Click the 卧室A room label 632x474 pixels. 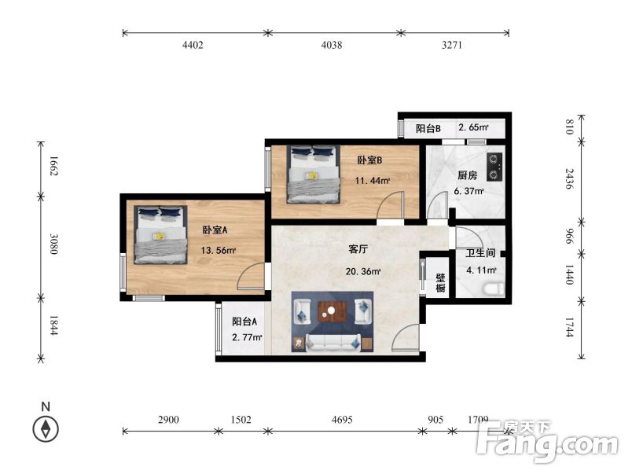pyautogui.click(x=215, y=230)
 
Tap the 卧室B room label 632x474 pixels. pyautogui.click(x=369, y=160)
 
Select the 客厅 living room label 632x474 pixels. pyautogui.click(x=358, y=249)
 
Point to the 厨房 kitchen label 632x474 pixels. pyautogui.click(x=468, y=175)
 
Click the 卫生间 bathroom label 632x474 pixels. pyautogui.click(x=480, y=253)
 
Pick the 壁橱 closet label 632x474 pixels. pyautogui.click(x=441, y=283)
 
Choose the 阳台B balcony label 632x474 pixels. pyautogui.click(x=428, y=128)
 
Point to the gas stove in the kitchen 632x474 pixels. pyautogui.click(x=494, y=165)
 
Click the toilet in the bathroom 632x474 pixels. pyautogui.click(x=494, y=289)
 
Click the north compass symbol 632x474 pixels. pyautogui.click(x=46, y=429)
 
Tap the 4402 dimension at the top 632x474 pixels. pyautogui.click(x=193, y=46)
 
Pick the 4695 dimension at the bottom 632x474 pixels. pyautogui.click(x=343, y=421)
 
